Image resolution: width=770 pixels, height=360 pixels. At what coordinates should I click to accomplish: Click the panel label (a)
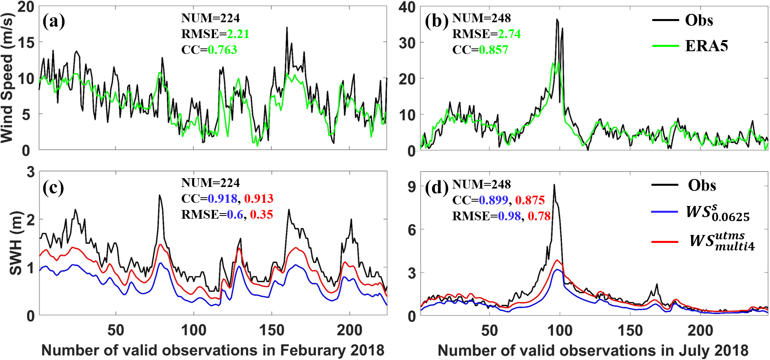(54, 21)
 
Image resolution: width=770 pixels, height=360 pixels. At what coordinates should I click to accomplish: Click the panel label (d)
(436, 187)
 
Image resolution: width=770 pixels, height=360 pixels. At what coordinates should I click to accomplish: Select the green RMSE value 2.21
(238, 34)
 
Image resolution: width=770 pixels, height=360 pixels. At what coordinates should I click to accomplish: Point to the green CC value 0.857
(493, 50)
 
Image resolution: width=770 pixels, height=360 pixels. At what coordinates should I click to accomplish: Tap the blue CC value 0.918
(222, 198)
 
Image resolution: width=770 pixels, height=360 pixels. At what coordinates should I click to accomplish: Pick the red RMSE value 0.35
(261, 215)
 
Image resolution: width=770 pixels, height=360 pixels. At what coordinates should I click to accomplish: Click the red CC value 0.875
(530, 200)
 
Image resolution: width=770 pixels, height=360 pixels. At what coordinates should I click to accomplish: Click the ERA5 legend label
(706, 46)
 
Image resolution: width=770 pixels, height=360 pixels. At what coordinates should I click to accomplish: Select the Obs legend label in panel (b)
(699, 20)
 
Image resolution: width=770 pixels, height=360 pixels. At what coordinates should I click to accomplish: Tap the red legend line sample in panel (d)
(665, 241)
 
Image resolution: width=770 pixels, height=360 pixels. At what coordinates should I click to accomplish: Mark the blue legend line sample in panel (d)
(665, 212)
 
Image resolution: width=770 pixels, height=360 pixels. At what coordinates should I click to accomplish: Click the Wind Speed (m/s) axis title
(7, 78)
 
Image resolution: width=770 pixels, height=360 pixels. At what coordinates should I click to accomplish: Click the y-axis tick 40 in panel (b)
(407, 7)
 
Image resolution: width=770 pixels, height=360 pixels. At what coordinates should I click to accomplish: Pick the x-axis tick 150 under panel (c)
(272, 330)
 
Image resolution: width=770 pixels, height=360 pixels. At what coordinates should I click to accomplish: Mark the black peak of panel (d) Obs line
(554, 185)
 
